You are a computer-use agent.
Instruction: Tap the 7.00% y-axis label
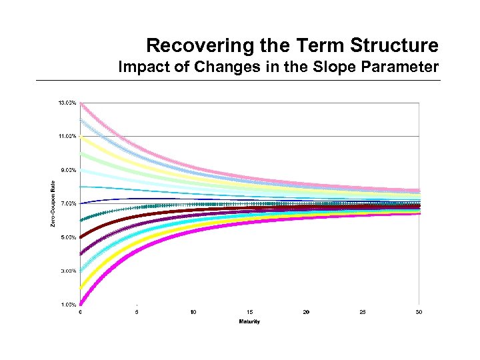click(x=67, y=203)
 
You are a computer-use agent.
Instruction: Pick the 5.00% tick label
click(x=67, y=237)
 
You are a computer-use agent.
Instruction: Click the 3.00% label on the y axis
click(x=67, y=271)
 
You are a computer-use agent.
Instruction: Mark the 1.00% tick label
click(x=67, y=305)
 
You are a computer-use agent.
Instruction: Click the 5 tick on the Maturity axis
click(x=137, y=312)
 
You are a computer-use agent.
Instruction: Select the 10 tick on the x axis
click(x=193, y=312)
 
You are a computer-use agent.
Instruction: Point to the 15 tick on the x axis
click(x=249, y=312)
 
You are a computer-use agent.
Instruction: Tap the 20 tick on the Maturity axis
click(x=306, y=312)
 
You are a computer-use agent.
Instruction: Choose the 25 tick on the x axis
click(x=362, y=312)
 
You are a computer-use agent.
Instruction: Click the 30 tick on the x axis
click(x=419, y=312)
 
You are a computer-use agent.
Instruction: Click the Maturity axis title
click(x=249, y=321)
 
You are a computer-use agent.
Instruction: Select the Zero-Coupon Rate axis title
click(x=53, y=203)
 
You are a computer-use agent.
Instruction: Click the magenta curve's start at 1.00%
click(x=81, y=303)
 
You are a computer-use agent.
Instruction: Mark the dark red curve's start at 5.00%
click(x=81, y=237)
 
